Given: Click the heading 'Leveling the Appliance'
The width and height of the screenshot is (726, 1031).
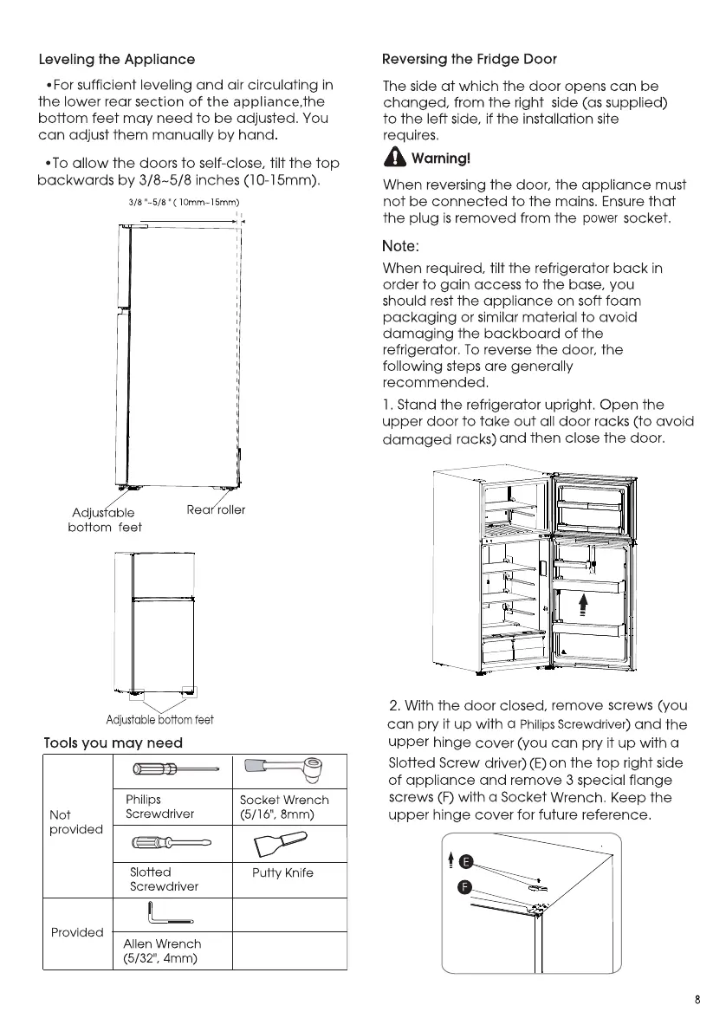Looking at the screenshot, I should pyautogui.click(x=117, y=60).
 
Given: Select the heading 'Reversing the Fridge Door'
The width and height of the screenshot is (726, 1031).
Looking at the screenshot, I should pyautogui.click(x=469, y=60).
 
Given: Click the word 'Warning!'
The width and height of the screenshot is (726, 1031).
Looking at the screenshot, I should pyautogui.click(x=441, y=159).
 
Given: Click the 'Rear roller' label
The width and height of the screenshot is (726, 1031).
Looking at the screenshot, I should pyautogui.click(x=216, y=509).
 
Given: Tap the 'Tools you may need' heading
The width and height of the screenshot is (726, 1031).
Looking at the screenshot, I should pyautogui.click(x=113, y=742).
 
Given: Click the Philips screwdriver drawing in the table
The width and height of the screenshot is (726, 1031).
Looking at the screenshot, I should pyautogui.click(x=176, y=768).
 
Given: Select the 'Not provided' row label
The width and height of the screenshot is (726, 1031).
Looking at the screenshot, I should pyautogui.click(x=75, y=821).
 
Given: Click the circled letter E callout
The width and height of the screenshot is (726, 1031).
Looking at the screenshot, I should pyautogui.click(x=465, y=861).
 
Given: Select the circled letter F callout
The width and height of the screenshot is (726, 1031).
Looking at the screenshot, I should pyautogui.click(x=465, y=888).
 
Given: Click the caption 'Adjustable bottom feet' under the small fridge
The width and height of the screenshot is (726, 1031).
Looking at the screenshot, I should pyautogui.click(x=159, y=719).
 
